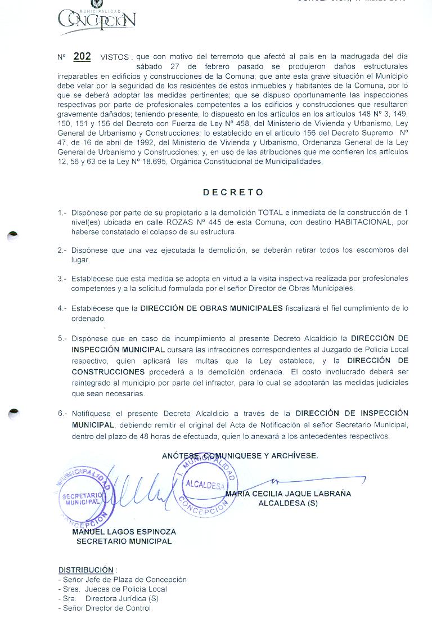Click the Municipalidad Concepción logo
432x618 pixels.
96,21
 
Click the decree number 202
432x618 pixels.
82,56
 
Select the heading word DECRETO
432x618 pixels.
233,192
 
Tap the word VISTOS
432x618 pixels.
115,57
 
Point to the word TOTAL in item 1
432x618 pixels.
270,212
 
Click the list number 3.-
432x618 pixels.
62,279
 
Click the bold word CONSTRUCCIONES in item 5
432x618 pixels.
108,372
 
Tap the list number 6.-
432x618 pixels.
62,413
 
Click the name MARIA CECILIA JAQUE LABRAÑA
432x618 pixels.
287,494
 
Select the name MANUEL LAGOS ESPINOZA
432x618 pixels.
124,531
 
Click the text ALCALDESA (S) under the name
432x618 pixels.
287,503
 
